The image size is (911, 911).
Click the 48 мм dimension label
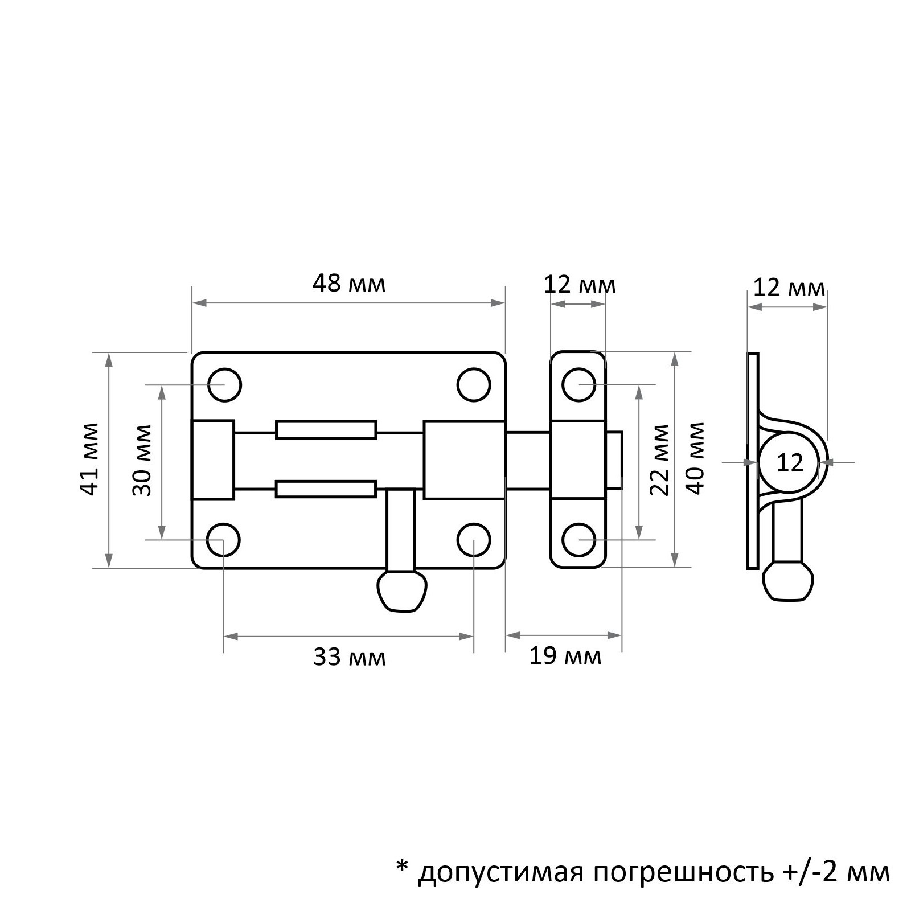(x=348, y=284)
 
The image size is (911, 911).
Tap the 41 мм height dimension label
(x=91, y=459)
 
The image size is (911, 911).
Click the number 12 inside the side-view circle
(x=790, y=463)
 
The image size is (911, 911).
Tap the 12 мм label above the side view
(x=789, y=288)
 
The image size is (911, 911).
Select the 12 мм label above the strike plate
(x=579, y=284)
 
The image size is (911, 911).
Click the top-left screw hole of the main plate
(x=224, y=385)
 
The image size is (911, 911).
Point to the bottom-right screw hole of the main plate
(x=474, y=540)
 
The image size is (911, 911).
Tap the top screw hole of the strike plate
(x=579, y=385)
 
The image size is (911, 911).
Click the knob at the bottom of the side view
(x=788, y=581)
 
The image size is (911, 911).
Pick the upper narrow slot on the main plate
(x=326, y=430)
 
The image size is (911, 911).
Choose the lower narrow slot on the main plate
(x=326, y=489)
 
